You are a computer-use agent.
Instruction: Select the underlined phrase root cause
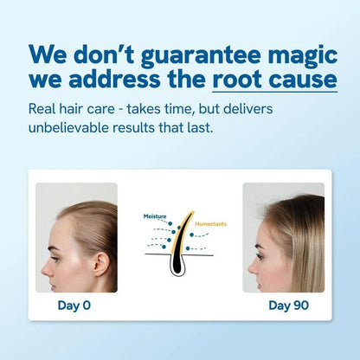point(274,80)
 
